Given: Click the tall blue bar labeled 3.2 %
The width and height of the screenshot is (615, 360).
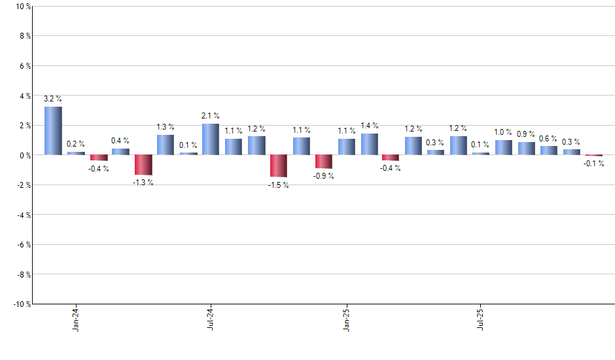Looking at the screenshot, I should point(53,131).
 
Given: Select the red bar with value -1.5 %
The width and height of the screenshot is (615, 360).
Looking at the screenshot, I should point(279,166).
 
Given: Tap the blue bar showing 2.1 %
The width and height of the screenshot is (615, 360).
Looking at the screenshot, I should point(211,139).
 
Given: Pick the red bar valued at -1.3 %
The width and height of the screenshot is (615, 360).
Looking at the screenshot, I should point(143,164).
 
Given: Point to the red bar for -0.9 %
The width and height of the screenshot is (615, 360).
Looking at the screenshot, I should point(324,162).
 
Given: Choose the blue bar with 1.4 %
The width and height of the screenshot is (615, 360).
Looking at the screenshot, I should point(369,144).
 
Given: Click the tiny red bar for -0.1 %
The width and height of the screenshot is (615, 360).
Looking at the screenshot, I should point(594,156).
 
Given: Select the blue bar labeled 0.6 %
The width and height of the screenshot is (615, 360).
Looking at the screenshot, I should point(549,151).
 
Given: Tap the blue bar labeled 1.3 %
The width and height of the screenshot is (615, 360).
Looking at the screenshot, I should point(166,145).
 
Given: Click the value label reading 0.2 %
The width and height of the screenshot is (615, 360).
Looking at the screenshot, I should point(76,143).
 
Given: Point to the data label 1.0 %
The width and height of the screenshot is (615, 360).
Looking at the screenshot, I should point(504,132).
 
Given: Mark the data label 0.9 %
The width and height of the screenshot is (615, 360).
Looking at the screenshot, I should point(527,134).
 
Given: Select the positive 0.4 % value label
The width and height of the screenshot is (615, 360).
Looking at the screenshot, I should point(120,141).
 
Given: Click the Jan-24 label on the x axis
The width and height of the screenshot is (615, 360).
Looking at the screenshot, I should point(76,319).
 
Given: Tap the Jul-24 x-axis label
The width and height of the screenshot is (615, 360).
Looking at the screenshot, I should point(211,319).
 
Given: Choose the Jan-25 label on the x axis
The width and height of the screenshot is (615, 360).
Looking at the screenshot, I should point(346,319).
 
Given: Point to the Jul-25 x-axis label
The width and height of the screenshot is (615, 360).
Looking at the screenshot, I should point(482,319).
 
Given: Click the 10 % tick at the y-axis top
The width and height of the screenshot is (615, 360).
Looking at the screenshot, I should point(23,7).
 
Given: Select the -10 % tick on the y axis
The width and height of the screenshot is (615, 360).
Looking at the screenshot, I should point(21,304).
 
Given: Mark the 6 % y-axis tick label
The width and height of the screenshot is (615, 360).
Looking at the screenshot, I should point(24,66).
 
